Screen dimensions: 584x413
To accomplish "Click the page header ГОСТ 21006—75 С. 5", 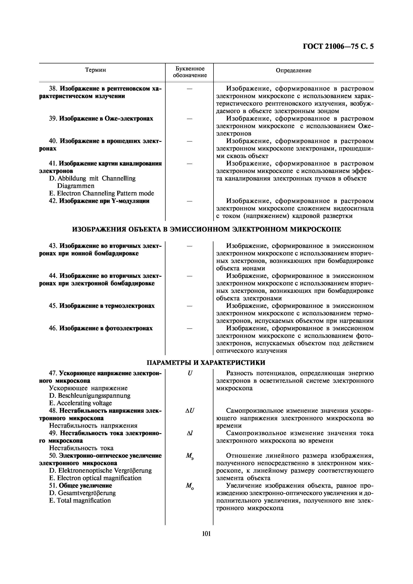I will (338, 47).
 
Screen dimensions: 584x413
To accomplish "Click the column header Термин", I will (95, 70).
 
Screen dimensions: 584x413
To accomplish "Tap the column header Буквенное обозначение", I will (190, 72).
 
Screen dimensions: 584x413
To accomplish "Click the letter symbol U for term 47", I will (190, 373).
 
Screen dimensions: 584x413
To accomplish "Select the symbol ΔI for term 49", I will (190, 433).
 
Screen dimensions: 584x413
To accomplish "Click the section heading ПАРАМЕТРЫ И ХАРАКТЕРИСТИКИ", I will (206, 362).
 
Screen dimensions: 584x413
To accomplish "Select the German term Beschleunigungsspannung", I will (94, 396).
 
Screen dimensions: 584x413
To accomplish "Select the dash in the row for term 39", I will (190, 119).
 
